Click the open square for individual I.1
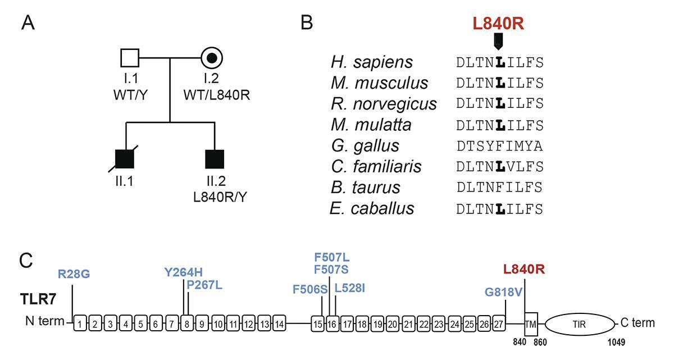click(x=130, y=57)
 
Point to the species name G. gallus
click(x=365, y=145)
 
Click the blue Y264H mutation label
click(x=184, y=273)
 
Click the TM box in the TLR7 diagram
click(x=531, y=324)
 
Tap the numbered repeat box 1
click(x=81, y=324)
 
